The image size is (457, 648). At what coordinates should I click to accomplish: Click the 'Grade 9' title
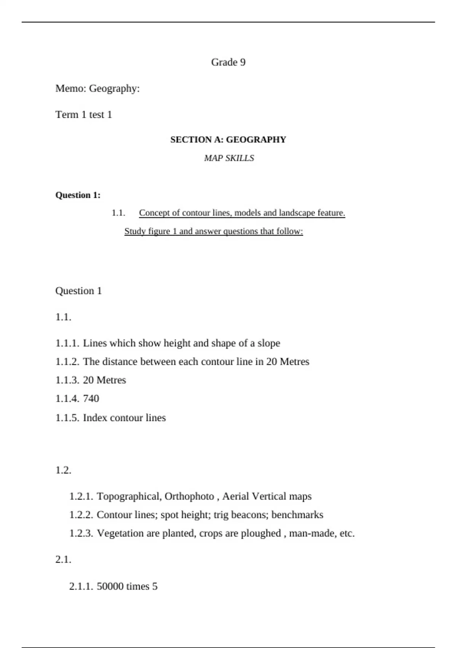point(228,62)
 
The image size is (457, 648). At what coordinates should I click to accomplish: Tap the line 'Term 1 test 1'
point(84,114)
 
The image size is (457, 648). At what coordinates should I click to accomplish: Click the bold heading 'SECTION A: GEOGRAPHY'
point(228,140)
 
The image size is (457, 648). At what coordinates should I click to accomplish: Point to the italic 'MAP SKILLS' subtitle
point(229,158)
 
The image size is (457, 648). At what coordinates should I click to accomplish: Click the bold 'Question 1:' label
point(78,195)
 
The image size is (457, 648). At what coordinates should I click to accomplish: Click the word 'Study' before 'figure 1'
point(135,231)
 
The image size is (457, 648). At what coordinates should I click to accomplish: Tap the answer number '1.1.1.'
point(67,343)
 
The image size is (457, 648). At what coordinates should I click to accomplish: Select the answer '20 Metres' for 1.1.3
point(104,380)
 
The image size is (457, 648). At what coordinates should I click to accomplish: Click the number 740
point(91,398)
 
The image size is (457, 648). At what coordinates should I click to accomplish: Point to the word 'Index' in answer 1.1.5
point(93,418)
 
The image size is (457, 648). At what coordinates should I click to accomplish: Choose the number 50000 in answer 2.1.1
point(110,586)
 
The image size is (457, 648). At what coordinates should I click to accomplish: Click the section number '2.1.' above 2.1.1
point(63,559)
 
